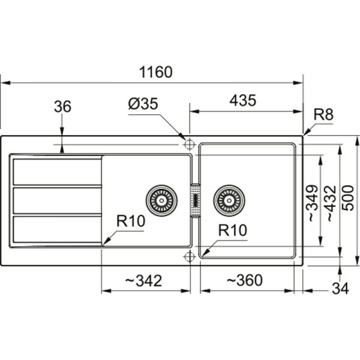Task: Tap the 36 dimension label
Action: (x=62, y=107)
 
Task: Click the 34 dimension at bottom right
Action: (x=340, y=289)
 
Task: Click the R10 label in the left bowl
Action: (x=131, y=221)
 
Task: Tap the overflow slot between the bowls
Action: (x=194, y=200)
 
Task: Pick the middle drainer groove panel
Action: (x=57, y=200)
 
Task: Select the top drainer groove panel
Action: (x=57, y=172)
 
